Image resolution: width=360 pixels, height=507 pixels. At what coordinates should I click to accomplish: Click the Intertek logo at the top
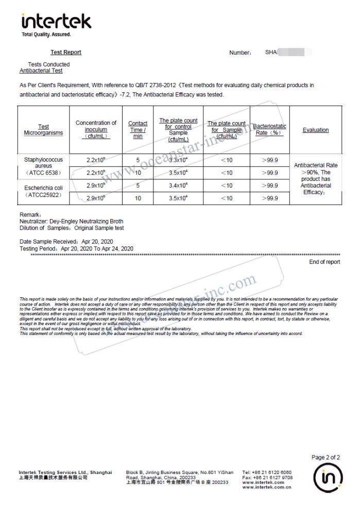tap(56, 23)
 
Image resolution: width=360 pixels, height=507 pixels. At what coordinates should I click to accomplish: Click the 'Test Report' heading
tap(65, 52)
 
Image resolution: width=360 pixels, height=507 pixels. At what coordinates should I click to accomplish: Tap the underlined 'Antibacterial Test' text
tap(41, 71)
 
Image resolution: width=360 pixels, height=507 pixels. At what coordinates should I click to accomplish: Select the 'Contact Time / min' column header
tap(138, 130)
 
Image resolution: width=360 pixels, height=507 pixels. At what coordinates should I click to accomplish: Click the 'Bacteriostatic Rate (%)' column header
tap(269, 129)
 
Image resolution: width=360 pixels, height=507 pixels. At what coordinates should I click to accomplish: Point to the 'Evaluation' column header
tap(315, 130)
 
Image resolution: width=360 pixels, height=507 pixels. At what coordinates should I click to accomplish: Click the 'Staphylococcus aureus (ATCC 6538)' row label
tap(43, 166)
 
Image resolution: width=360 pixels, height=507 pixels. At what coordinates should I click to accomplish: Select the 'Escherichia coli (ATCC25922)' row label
tap(43, 192)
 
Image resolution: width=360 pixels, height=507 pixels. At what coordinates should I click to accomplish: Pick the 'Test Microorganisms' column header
tap(43, 130)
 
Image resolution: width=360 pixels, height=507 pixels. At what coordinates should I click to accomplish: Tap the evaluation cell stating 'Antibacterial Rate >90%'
tap(316, 179)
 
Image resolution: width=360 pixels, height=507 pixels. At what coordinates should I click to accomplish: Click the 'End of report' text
tap(324, 262)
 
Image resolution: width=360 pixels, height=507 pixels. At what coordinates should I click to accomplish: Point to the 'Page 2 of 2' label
tap(325, 457)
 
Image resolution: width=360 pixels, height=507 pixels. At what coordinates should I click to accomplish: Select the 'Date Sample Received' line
tap(66, 241)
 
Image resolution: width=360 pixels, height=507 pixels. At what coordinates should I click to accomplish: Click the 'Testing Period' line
tap(76, 248)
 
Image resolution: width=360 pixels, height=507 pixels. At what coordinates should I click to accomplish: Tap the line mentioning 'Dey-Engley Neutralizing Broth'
tap(71, 221)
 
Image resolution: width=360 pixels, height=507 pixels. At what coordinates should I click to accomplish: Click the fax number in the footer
tap(267, 478)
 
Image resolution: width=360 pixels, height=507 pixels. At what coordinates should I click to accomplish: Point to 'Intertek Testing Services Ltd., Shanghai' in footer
tap(65, 472)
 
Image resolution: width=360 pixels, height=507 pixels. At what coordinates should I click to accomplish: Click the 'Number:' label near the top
tap(240, 53)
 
